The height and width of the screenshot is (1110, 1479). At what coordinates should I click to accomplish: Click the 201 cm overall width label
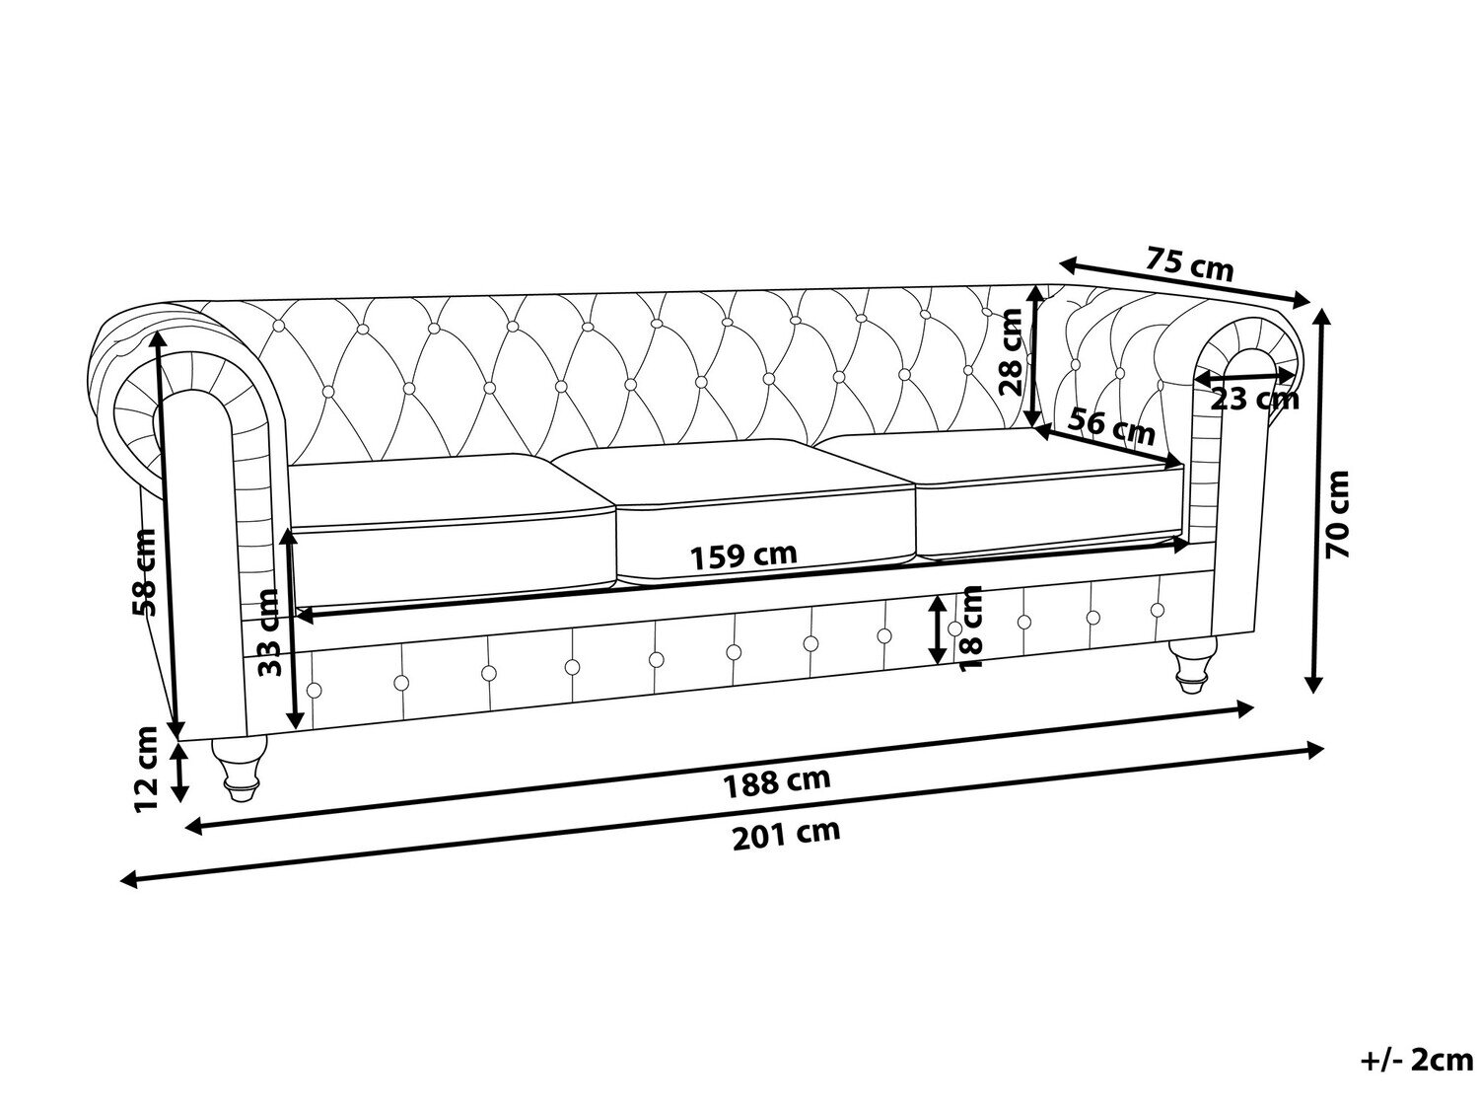786,833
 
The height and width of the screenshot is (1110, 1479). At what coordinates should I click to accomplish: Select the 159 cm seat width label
743,555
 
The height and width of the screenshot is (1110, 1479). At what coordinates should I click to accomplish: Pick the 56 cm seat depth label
1112,427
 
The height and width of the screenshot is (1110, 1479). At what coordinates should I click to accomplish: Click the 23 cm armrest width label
1254,399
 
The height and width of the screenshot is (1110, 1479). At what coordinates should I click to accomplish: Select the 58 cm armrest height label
144,571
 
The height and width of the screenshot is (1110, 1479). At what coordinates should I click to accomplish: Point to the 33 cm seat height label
269,631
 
